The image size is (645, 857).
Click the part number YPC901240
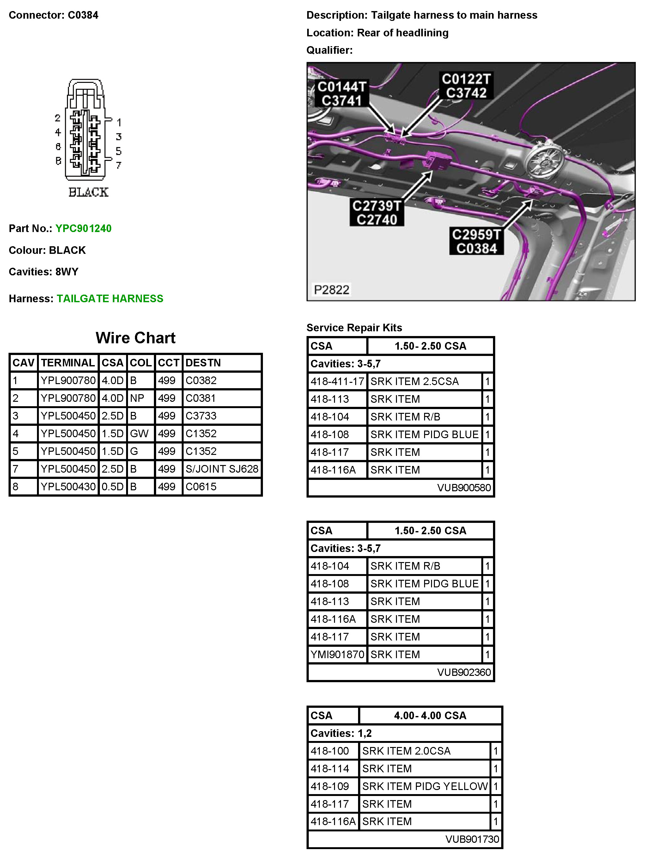[83, 229]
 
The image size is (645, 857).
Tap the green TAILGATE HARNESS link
[110, 299]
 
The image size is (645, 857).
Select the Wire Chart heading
[135, 338]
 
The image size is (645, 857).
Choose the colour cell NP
[137, 398]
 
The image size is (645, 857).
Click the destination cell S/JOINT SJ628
[222, 469]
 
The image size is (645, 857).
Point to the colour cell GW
[139, 433]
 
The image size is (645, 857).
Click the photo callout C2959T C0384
[476, 242]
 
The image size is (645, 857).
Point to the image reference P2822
[331, 290]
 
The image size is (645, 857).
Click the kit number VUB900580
[464, 488]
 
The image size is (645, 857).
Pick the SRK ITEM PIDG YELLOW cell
[425, 787]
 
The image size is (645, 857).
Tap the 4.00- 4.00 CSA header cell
[430, 716]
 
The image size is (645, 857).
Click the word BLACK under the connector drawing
[88, 192]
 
